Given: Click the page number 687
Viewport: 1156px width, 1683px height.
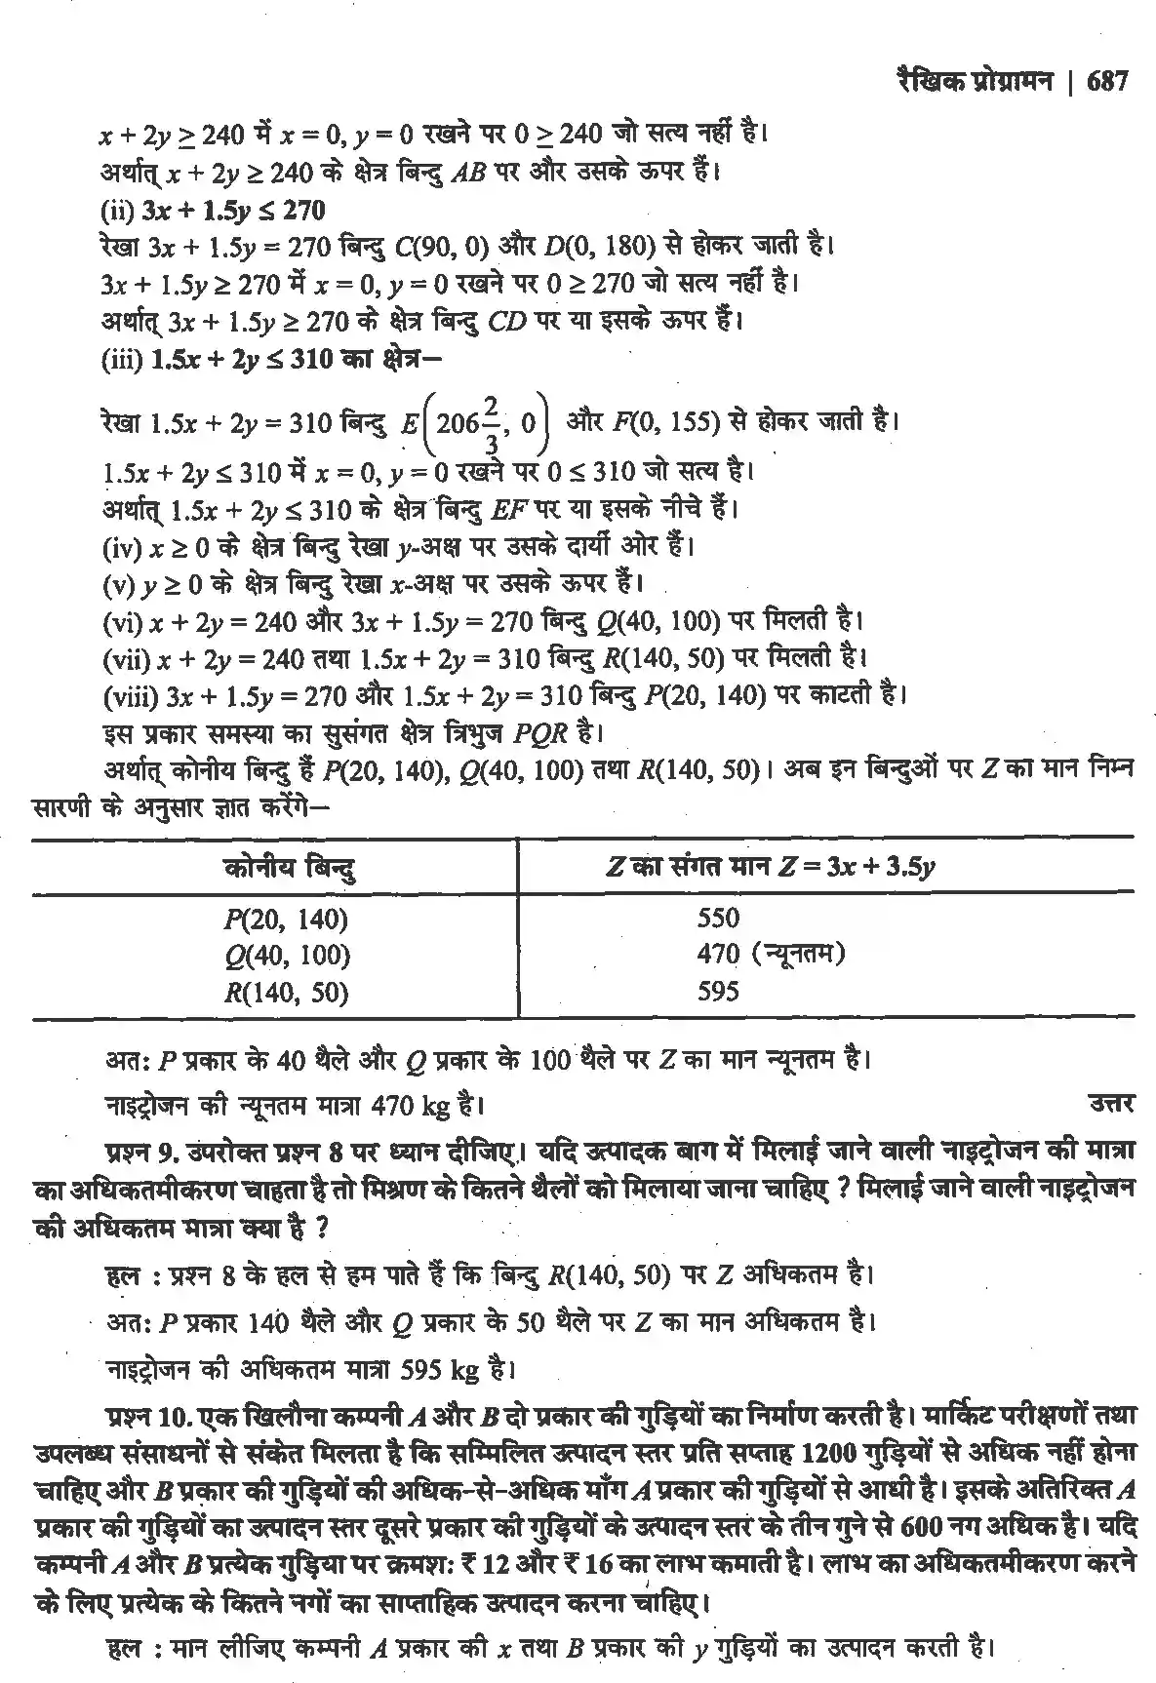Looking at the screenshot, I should click(1105, 81).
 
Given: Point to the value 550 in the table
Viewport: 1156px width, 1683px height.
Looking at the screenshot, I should click(718, 918).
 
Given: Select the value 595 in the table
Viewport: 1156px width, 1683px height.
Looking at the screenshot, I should click(718, 992).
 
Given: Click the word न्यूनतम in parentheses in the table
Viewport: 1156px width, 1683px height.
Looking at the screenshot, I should click(799, 954).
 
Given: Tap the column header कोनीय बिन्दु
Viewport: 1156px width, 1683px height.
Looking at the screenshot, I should click(288, 866).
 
